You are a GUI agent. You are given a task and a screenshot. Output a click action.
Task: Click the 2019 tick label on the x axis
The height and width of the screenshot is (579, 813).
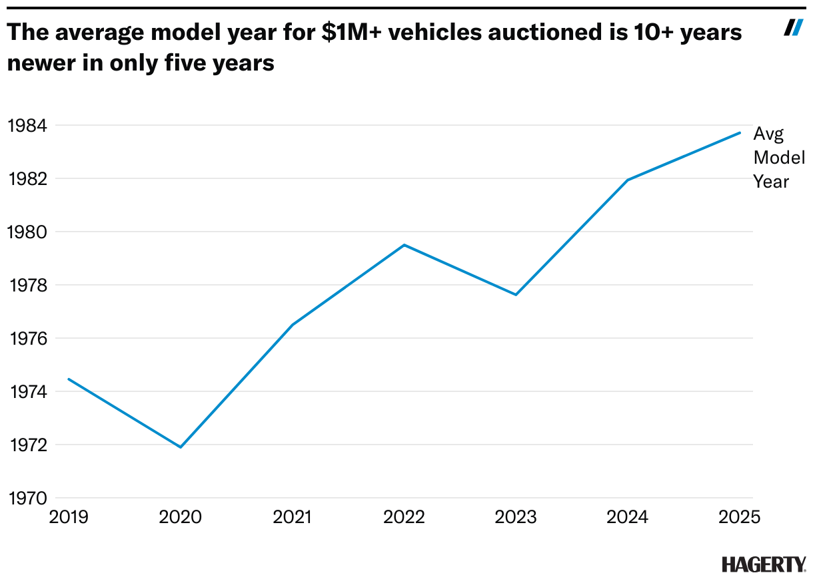(x=69, y=517)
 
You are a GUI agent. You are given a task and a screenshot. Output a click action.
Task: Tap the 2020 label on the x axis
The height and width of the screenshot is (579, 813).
(x=181, y=517)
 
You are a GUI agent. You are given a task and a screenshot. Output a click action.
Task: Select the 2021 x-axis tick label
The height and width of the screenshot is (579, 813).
(x=292, y=517)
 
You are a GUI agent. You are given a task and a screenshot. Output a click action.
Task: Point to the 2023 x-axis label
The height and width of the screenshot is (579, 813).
(x=515, y=517)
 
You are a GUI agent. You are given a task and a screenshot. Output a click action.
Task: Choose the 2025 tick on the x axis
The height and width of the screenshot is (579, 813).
(x=738, y=517)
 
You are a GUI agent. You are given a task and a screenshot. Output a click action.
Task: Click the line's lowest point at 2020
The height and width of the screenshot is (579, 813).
(x=181, y=447)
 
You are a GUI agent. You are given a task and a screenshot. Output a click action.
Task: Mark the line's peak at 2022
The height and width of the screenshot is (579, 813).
(x=404, y=245)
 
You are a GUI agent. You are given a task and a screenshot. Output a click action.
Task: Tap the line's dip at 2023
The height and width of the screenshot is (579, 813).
(x=515, y=295)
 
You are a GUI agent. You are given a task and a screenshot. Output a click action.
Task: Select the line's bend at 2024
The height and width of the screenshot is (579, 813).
(x=627, y=180)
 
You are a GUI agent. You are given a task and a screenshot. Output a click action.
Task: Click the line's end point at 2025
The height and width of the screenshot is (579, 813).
(x=739, y=132)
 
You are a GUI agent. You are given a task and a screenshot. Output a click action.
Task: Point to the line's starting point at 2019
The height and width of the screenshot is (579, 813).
(x=69, y=379)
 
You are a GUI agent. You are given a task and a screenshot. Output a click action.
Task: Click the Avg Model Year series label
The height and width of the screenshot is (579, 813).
(x=778, y=158)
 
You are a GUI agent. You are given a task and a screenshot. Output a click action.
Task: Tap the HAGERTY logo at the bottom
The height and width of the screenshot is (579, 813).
(x=764, y=564)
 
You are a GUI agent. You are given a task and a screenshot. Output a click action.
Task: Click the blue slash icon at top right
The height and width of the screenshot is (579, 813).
(x=792, y=27)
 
